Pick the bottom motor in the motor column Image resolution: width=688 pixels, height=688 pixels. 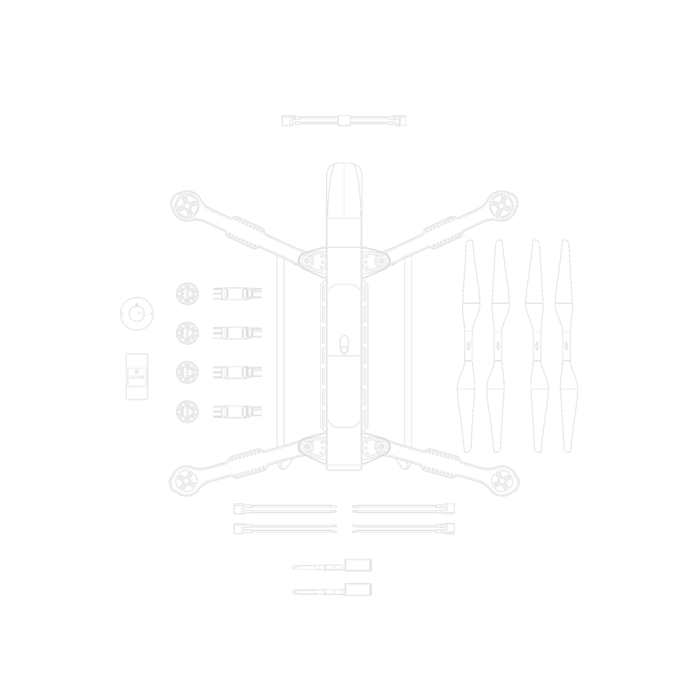187,411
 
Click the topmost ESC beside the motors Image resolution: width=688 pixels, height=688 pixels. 237,294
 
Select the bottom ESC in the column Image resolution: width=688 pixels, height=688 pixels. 237,411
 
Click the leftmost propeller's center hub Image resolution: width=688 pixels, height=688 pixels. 468,346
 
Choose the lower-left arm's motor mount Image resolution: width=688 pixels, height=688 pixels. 185,481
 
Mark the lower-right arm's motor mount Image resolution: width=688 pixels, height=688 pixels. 502,481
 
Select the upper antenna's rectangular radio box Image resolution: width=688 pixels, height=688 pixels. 358,565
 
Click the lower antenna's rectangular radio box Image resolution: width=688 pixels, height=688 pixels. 358,589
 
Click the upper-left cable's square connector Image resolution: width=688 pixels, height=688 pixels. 238,509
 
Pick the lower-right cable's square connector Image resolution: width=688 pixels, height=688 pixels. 450,528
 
